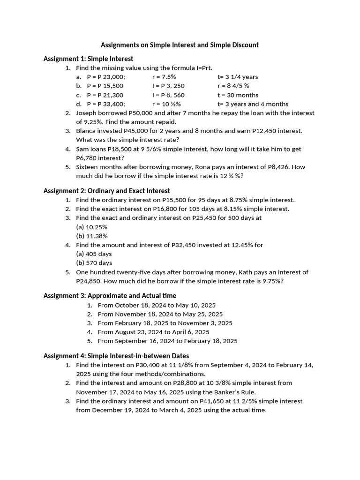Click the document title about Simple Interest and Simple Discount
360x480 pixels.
tap(180, 45)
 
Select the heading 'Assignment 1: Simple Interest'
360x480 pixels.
tap(88, 59)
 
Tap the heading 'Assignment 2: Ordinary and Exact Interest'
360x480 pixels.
tap(106, 191)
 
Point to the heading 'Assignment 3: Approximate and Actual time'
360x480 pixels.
tap(110, 295)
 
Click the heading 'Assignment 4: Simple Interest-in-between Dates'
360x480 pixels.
tap(116, 356)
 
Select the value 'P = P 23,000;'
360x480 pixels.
tap(106, 77)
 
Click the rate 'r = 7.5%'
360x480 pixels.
tap(164, 77)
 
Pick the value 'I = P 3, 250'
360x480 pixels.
tap(168, 86)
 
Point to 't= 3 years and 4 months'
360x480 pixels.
tap(253, 104)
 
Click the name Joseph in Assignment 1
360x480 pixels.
tap(87, 113)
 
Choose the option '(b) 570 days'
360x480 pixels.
tap(94, 263)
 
